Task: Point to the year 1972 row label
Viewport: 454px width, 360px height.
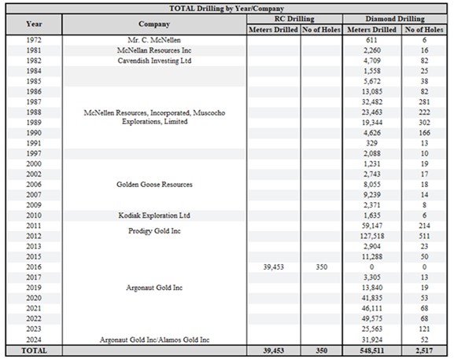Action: point(34,39)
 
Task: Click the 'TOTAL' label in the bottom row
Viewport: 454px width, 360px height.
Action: point(34,351)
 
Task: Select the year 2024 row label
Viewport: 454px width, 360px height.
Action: point(34,340)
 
